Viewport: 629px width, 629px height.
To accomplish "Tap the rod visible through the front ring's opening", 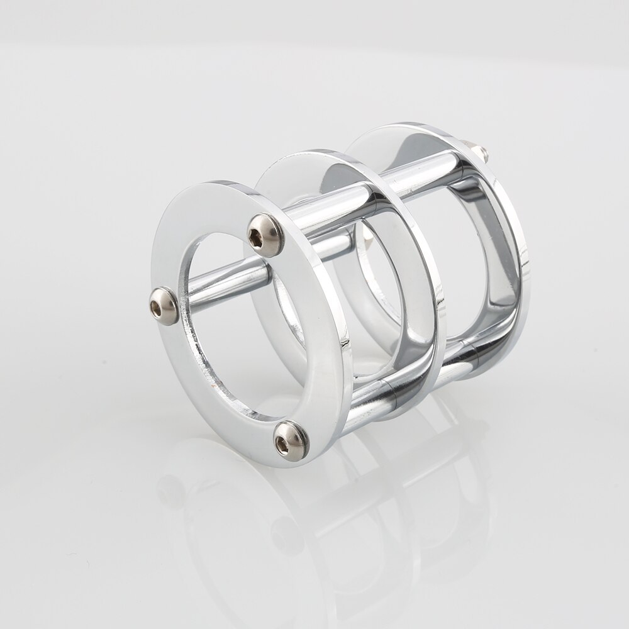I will pyautogui.click(x=226, y=283).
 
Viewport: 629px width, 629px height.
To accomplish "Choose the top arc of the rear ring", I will pyautogui.click(x=403, y=135).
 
